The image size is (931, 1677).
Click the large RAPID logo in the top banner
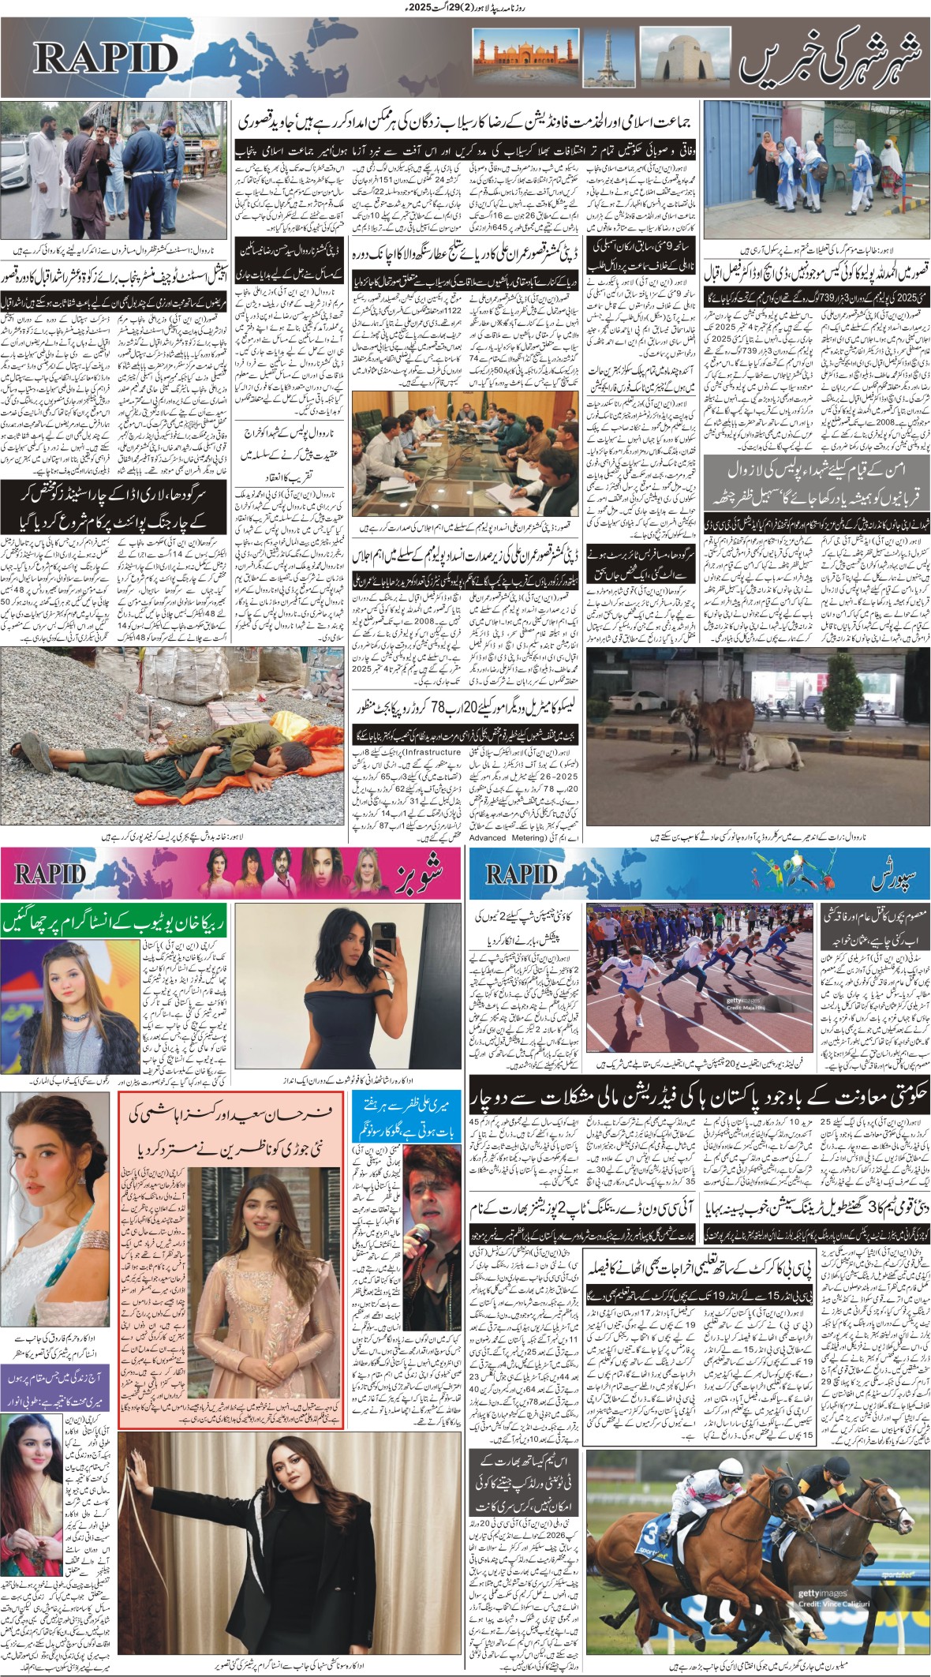106,58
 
